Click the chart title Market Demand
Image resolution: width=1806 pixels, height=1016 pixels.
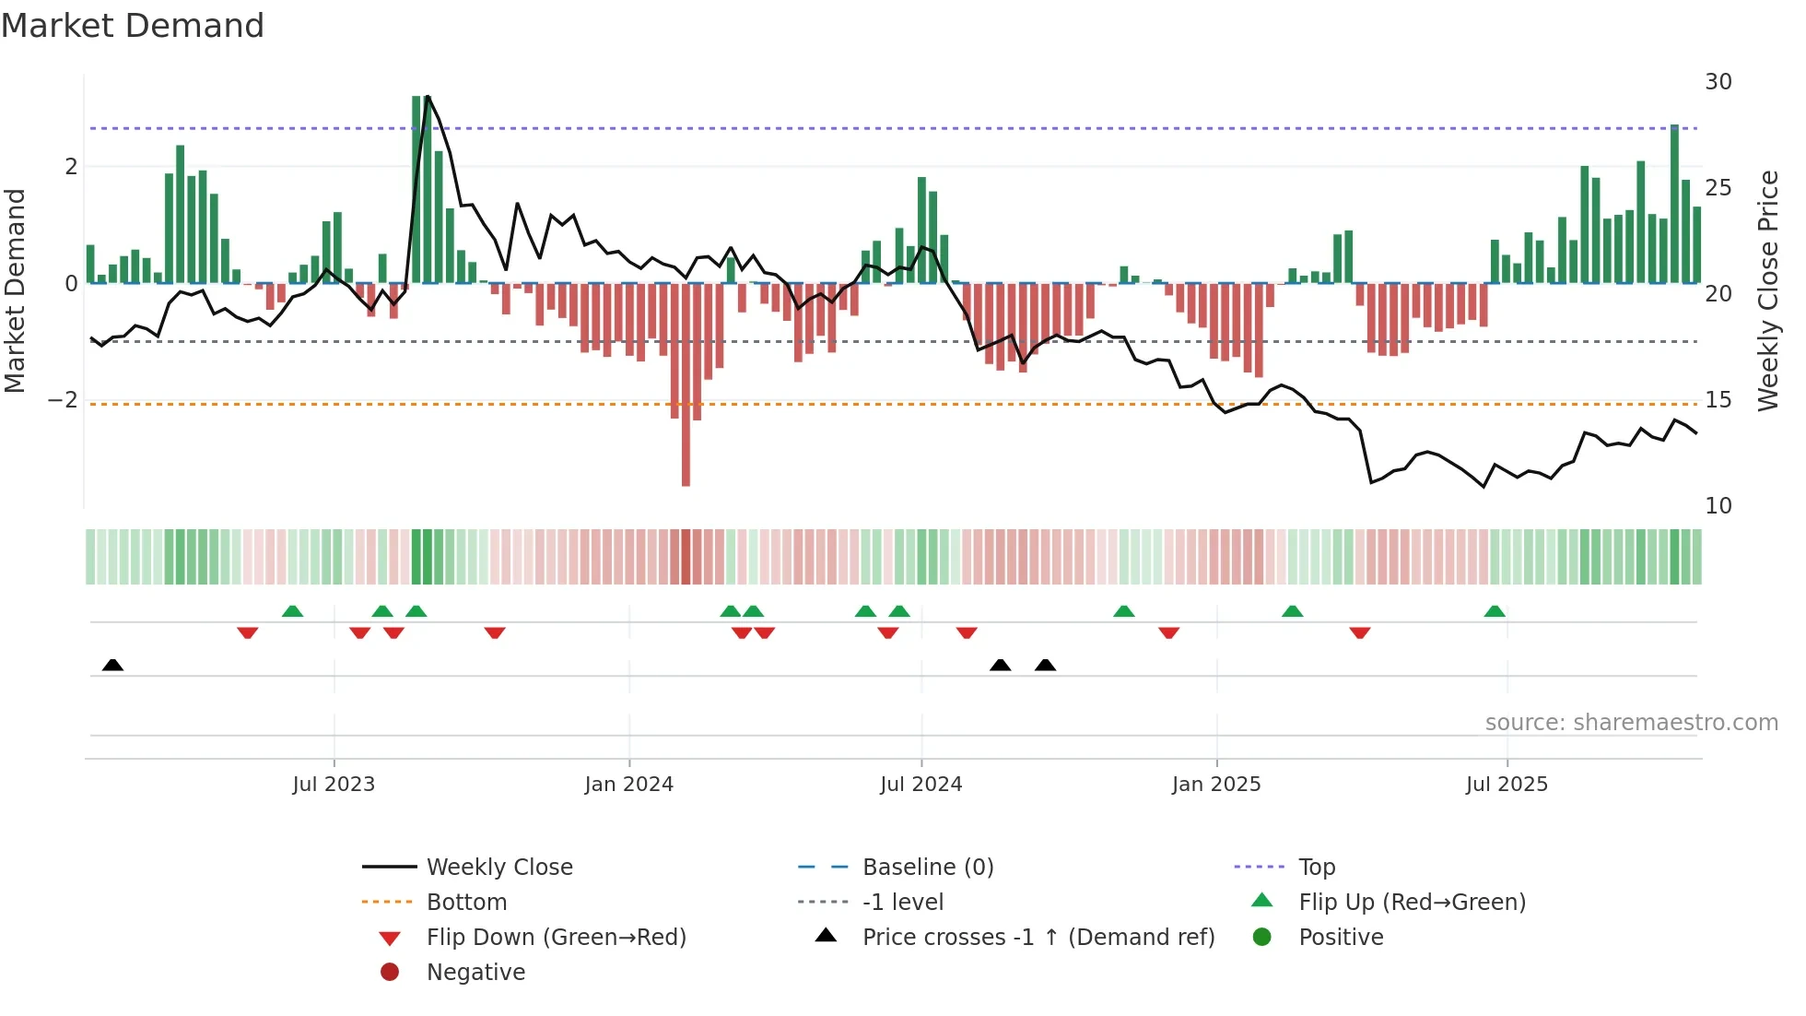[x=133, y=26]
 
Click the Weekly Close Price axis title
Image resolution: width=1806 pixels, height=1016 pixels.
[x=1767, y=290]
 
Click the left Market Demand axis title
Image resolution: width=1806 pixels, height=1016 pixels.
[x=15, y=290]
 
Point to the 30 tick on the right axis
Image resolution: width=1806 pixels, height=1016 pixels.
[x=1718, y=82]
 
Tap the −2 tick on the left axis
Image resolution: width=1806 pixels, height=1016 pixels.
[x=63, y=400]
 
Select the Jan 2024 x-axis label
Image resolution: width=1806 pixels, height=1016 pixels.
[x=628, y=785]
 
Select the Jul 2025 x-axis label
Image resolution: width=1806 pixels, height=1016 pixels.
[x=1507, y=785]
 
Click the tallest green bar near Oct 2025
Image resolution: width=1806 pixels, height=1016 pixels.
[x=1674, y=203]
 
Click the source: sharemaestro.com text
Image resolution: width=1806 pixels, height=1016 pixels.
[x=1631, y=723]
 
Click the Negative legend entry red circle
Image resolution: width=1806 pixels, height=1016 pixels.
[x=390, y=973]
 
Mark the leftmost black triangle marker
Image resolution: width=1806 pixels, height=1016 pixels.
[x=112, y=665]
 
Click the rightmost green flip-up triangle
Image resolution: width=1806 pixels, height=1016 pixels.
[x=1495, y=611]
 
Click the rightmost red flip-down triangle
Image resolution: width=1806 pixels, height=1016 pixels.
[x=1359, y=632]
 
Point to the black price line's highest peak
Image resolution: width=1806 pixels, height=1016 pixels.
[x=428, y=97]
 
